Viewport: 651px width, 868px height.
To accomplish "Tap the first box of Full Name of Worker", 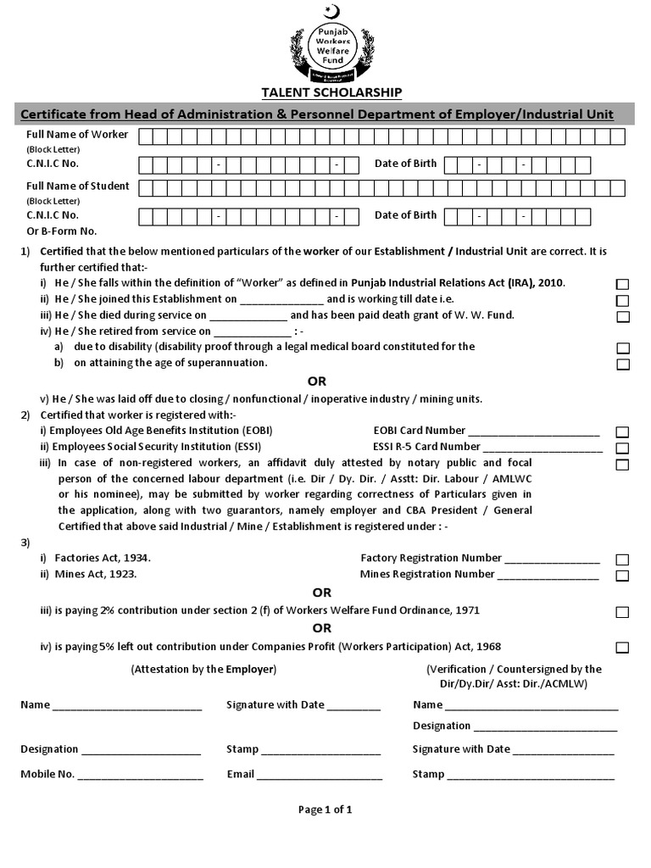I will [146, 136].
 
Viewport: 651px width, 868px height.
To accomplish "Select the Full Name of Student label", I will [77, 186].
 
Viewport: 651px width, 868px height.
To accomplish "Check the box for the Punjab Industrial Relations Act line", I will [622, 284].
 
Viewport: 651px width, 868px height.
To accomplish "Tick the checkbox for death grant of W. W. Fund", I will [622, 316].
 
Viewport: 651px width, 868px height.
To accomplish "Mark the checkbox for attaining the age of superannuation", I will [622, 364].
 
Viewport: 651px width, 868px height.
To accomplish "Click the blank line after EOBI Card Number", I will [534, 431].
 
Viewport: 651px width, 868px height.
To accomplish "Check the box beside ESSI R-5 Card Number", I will [622, 448].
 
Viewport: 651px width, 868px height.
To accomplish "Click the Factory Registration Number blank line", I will [553, 559].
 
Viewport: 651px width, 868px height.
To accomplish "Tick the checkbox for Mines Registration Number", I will [622, 576].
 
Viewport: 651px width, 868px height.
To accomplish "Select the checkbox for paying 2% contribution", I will [622, 611].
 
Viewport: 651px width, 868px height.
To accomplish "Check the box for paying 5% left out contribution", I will [622, 648].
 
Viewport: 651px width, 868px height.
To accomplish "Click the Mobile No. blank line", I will [141, 776].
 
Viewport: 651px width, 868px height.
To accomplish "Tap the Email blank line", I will [320, 776].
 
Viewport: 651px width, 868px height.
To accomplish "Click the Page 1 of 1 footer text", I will [325, 810].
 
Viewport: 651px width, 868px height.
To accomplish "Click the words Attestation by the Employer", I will [203, 669].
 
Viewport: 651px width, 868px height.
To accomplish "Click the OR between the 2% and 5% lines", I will [321, 628].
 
